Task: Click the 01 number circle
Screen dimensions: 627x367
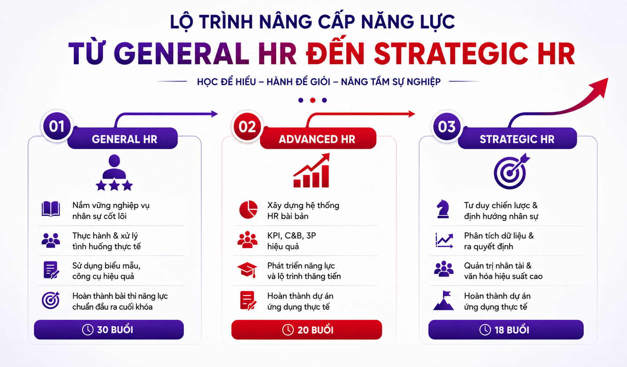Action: tap(57, 126)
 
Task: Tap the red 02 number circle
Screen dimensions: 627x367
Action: tap(247, 127)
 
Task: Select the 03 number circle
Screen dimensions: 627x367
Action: tap(447, 127)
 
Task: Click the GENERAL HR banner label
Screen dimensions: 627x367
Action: tap(122, 139)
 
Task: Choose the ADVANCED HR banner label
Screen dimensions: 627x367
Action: tap(318, 139)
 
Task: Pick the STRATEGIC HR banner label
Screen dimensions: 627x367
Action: tap(517, 139)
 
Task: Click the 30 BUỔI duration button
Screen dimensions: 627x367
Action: tap(109, 330)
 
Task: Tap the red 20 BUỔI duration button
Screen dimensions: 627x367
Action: tap(306, 330)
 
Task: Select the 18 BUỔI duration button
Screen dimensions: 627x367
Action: tap(506, 330)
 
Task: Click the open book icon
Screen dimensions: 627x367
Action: tap(50, 209)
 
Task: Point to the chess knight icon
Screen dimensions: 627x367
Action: tap(443, 209)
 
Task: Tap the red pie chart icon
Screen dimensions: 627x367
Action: tap(248, 209)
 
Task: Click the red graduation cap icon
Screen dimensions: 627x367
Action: tap(247, 270)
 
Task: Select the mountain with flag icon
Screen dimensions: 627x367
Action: tap(444, 300)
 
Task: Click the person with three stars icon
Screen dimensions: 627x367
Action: tap(114, 173)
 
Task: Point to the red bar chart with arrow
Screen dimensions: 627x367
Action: tap(311, 170)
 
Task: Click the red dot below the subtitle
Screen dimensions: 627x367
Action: tap(313, 100)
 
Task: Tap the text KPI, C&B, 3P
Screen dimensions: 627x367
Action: tap(292, 236)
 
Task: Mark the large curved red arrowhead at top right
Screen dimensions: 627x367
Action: tap(601, 86)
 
